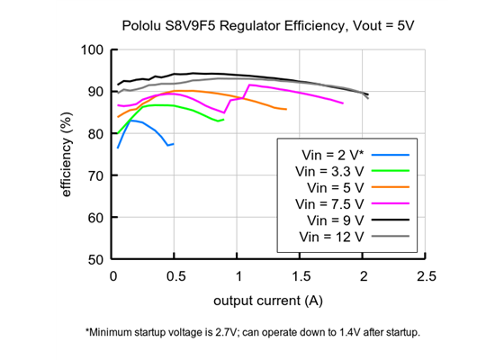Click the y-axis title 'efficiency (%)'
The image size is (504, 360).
68,154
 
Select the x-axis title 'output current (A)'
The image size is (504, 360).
268,299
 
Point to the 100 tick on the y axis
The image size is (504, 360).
93,49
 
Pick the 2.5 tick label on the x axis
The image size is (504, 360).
426,274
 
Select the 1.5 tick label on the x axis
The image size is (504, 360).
301,274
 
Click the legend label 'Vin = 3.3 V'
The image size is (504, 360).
328,171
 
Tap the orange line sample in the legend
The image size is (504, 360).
391,187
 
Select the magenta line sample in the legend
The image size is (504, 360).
391,203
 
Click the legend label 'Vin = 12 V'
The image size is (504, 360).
328,236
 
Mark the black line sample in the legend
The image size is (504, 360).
391,220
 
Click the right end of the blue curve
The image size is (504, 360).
174,144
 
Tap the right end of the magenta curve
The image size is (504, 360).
343,103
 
